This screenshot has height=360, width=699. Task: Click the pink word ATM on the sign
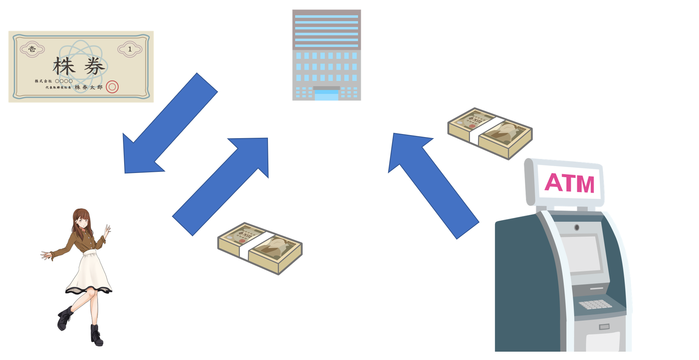tap(569, 183)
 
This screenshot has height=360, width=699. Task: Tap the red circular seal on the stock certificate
tap(112, 87)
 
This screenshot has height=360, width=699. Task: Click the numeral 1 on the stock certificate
tap(130, 49)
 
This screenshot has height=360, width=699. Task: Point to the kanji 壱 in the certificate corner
tap(32, 49)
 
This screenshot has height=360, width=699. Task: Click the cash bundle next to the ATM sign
tap(490, 132)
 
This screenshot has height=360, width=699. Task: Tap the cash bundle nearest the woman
tap(260, 248)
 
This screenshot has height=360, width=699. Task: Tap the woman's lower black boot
tap(97, 335)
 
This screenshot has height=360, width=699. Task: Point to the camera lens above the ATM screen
tap(577, 228)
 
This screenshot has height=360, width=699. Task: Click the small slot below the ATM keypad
tap(604, 326)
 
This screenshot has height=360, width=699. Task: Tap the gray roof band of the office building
tap(327, 12)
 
